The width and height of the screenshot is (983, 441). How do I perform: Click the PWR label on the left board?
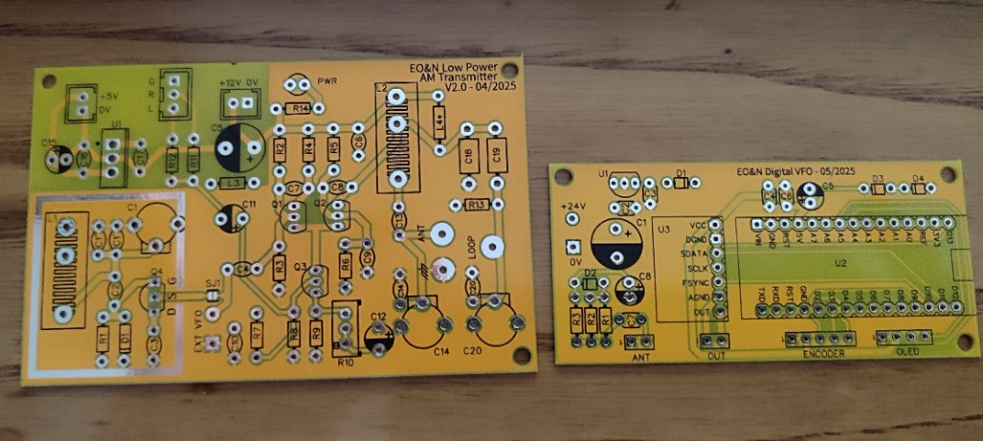coord(327,82)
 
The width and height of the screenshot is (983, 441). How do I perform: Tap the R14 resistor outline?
coord(298,108)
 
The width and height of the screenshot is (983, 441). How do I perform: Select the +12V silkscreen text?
coord(230,83)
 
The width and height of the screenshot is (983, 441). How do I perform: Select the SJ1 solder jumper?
coord(214,295)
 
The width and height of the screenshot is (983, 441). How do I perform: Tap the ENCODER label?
coord(823,353)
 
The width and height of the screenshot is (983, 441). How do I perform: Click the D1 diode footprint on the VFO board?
coord(679,182)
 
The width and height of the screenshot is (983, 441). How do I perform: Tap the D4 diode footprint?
coord(918,188)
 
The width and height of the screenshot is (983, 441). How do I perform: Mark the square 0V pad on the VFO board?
coord(575,248)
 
